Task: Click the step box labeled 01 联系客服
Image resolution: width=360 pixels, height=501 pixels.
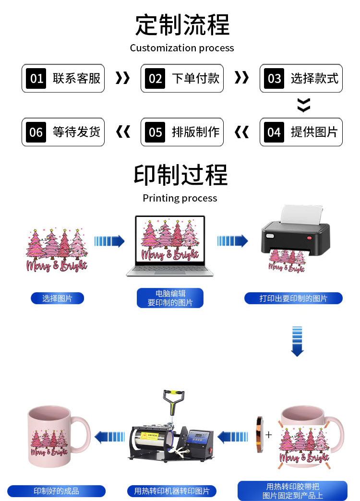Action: [x=63, y=78]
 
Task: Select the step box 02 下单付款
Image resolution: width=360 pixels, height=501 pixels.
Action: [x=182, y=78]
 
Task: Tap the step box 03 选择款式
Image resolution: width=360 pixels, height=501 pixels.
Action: [x=301, y=78]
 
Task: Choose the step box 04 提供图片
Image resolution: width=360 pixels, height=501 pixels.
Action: [x=301, y=132]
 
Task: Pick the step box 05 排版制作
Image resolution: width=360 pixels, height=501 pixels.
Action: [x=182, y=132]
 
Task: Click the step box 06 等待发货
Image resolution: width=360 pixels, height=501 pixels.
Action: [x=63, y=132]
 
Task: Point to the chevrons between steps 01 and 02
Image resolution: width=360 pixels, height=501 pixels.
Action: [x=122, y=78]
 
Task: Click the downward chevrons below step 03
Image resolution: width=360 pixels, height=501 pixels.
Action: [x=303, y=105]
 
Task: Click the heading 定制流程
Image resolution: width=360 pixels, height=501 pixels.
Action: [x=182, y=25]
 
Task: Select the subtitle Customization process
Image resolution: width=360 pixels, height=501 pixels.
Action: [x=182, y=48]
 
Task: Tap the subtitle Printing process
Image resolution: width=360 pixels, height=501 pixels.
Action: [x=180, y=198]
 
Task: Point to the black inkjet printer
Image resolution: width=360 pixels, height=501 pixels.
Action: [x=295, y=233]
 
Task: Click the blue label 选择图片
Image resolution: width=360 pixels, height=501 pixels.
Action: [x=57, y=298]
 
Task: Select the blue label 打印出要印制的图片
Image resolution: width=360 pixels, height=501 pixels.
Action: [x=293, y=298]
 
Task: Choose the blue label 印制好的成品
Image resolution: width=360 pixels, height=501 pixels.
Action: [x=56, y=491]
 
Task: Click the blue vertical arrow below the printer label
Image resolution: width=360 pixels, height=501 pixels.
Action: [x=297, y=341]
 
